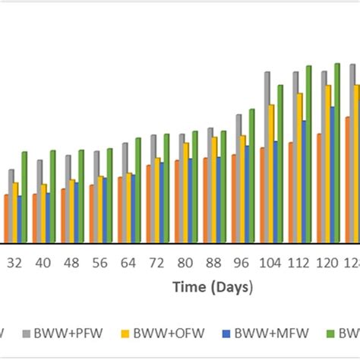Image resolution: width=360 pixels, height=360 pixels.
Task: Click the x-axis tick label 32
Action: [14, 263]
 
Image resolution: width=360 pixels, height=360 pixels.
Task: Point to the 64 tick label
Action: [128, 263]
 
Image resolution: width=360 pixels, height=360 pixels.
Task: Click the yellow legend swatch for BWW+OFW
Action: [127, 333]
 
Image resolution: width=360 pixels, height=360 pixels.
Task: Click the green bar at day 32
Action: [24, 197]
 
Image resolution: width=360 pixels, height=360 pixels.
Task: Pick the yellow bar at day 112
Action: [299, 168]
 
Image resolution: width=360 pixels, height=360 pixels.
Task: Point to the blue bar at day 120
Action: [333, 175]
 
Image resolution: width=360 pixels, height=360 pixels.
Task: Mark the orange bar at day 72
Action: [149, 204]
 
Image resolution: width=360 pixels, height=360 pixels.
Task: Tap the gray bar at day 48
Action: [68, 199]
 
